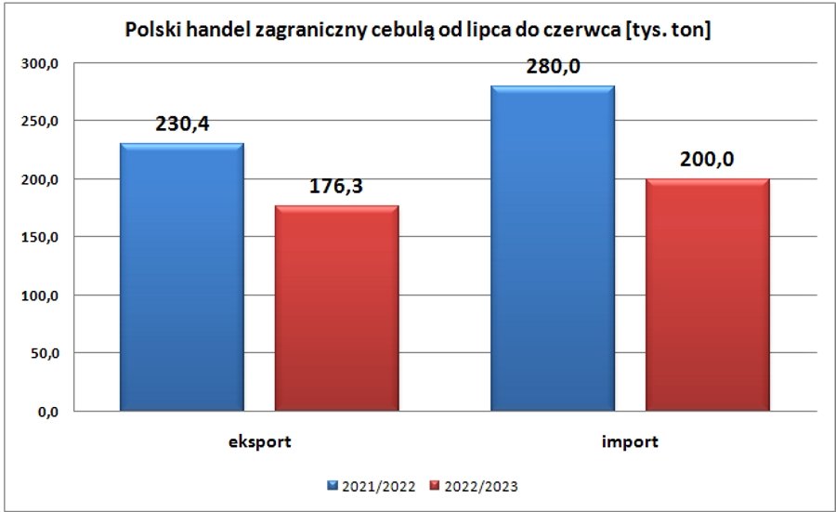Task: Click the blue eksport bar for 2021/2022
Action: click(182, 276)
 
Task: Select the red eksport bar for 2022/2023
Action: click(337, 308)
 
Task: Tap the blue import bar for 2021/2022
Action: click(553, 248)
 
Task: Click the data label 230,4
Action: click(182, 125)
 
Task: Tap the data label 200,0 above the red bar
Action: click(708, 160)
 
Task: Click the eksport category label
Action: click(260, 442)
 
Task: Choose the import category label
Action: click(631, 442)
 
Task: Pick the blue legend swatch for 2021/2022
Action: click(333, 484)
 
